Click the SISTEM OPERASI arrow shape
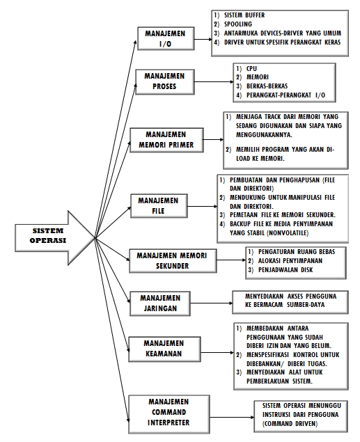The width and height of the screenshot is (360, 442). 51,238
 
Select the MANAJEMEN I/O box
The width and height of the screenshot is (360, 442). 166,38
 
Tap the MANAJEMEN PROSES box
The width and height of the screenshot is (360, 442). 165,82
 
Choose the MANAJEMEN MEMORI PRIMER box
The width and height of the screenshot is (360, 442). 166,140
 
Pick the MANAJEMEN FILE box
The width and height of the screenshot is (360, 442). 159,206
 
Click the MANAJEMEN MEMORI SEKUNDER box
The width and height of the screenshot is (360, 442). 173,261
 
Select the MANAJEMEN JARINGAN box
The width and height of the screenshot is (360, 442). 160,303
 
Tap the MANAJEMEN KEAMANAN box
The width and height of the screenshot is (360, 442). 164,349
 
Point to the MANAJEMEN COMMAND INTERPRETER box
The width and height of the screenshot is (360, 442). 169,414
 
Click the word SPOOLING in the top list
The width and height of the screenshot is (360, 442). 238,24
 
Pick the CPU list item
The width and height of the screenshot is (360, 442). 251,68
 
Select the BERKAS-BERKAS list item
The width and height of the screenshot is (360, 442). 267,86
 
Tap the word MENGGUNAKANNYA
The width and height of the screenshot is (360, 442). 264,135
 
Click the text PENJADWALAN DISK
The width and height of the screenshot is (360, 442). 285,270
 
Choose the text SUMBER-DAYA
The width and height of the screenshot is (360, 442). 306,305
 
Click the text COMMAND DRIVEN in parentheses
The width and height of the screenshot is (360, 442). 290,424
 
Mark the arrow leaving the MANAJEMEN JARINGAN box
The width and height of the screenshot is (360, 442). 212,303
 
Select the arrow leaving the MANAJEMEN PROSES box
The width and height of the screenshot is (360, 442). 214,82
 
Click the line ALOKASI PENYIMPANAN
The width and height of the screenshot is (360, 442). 290,261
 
